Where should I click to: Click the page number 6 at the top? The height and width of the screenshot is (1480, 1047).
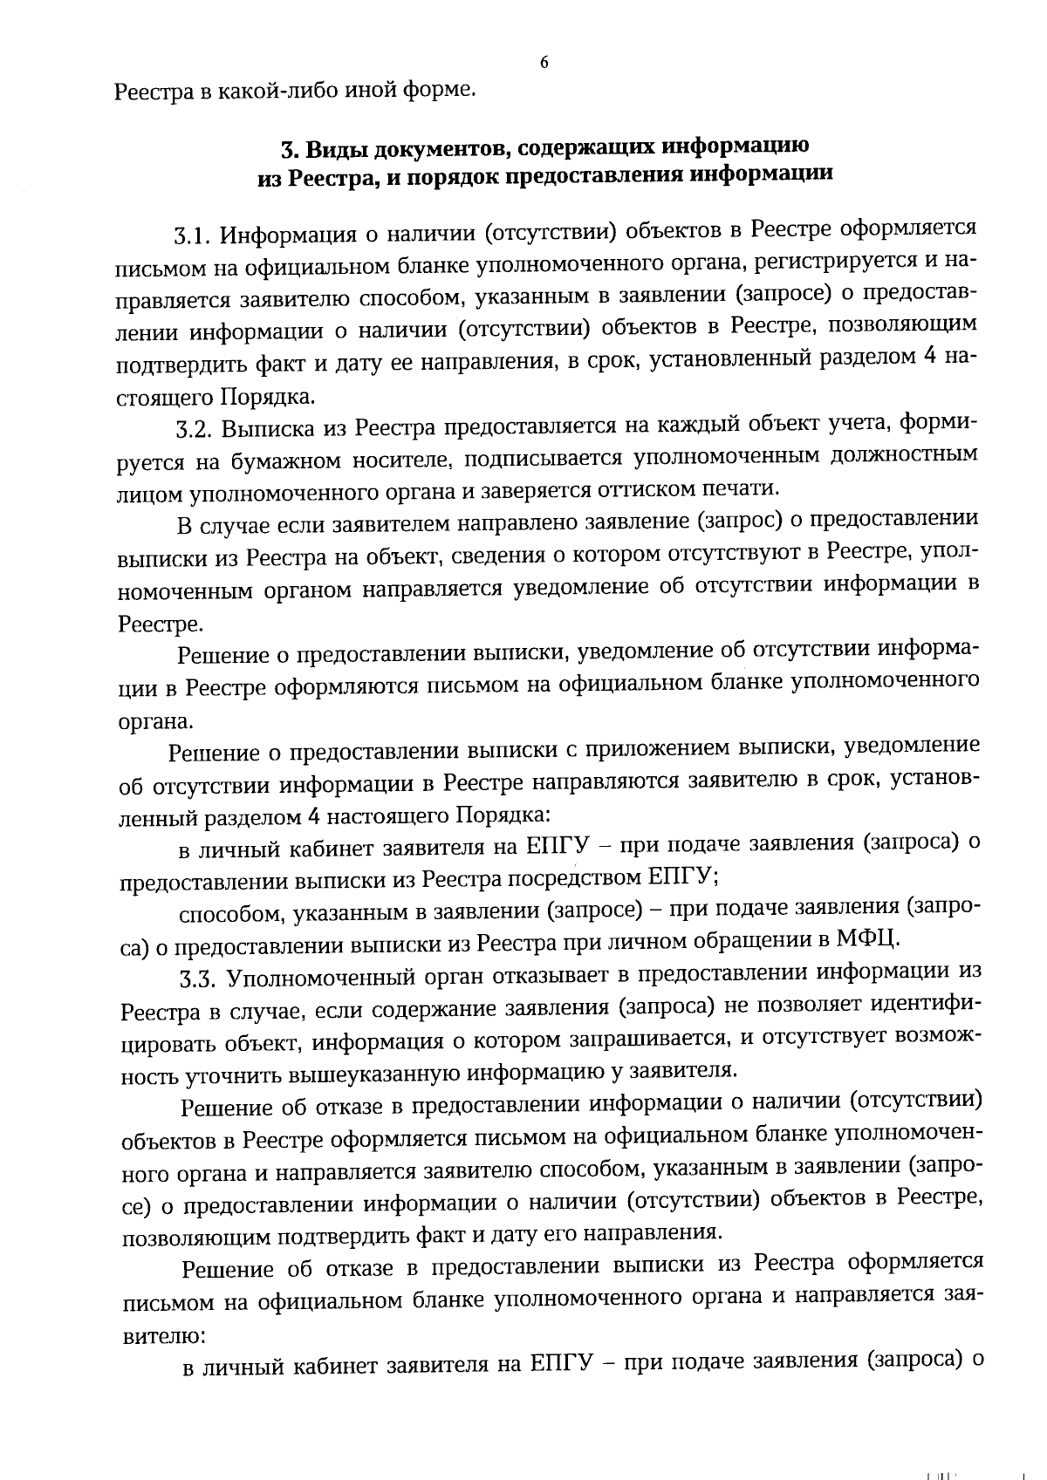tap(544, 63)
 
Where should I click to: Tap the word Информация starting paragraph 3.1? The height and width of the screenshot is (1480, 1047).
tap(285, 235)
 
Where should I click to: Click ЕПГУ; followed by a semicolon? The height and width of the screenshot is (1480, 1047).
tap(684, 875)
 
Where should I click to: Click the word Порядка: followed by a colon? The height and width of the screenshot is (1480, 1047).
tap(503, 815)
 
